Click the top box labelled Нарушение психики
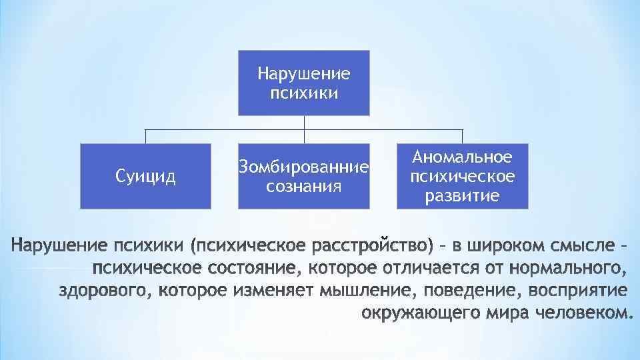[x=304, y=83]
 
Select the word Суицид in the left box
[x=145, y=177]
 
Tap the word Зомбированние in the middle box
[x=304, y=167]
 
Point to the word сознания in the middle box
[x=304, y=185]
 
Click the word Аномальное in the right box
[x=463, y=157]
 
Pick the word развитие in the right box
[x=463, y=196]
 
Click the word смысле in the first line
[x=585, y=247]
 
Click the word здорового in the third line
[x=106, y=291]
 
